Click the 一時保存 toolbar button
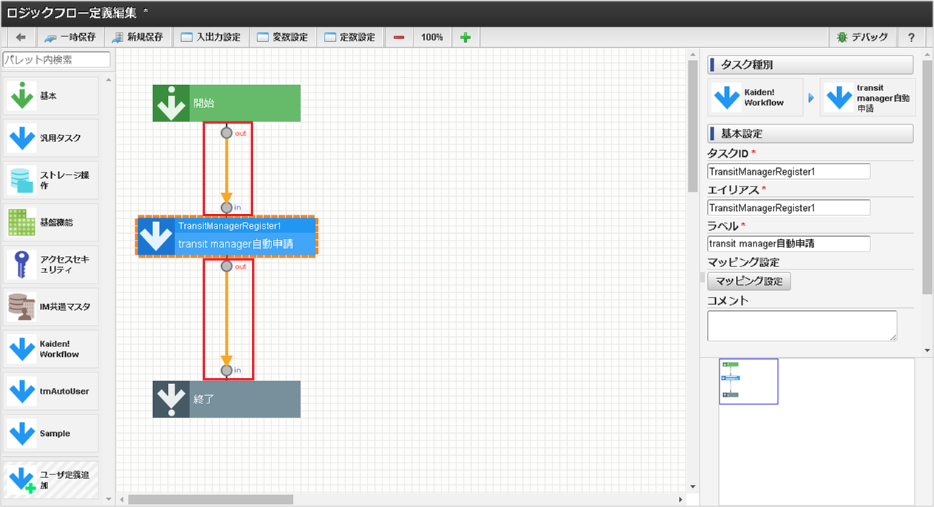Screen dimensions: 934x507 click(x=70, y=38)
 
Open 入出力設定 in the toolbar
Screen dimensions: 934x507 click(x=210, y=38)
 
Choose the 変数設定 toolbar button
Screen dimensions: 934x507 click(x=282, y=38)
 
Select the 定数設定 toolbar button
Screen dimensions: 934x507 click(x=349, y=38)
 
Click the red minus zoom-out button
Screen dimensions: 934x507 click(x=399, y=38)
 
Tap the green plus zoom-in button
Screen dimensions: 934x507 click(x=465, y=38)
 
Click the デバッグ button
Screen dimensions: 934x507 click(x=862, y=38)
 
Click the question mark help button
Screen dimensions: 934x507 click(x=912, y=38)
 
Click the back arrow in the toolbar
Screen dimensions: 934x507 click(x=21, y=38)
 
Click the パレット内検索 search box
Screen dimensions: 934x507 click(x=57, y=60)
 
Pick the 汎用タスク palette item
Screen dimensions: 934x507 click(x=50, y=138)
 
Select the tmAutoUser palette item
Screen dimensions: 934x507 click(x=50, y=391)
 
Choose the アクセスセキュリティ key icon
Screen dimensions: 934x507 click(x=21, y=264)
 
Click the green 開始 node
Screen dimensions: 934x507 click(x=226, y=103)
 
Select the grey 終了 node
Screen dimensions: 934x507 click(x=226, y=400)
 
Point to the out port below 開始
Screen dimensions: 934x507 click(x=226, y=133)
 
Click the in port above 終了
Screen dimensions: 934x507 click(x=226, y=370)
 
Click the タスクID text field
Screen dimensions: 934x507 click(x=788, y=172)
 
